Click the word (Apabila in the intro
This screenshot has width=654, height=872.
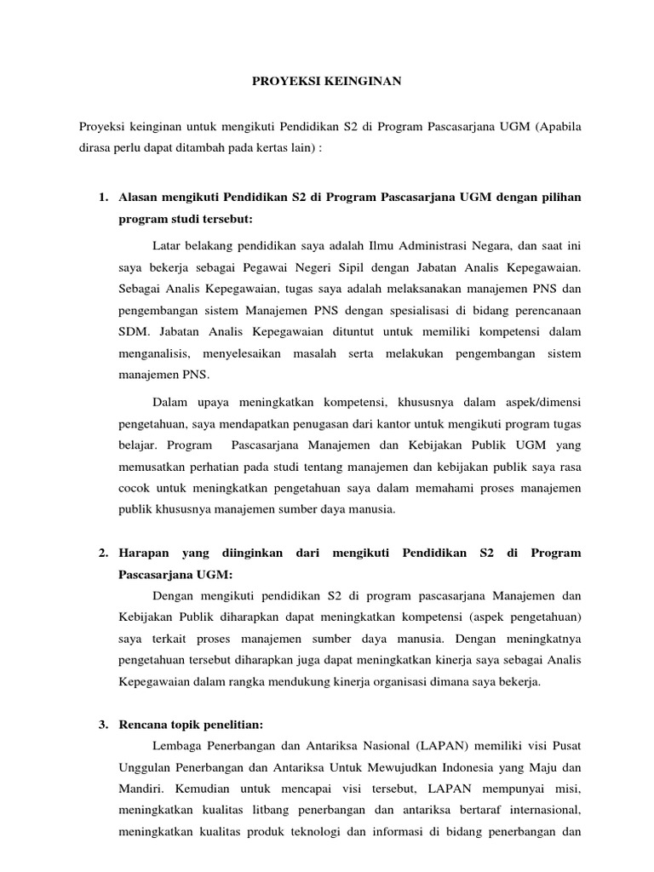pos(559,126)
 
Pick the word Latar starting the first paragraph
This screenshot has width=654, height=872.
pos(169,245)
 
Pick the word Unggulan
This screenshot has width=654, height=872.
pos(143,744)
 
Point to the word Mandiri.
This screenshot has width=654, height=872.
pos(138,766)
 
